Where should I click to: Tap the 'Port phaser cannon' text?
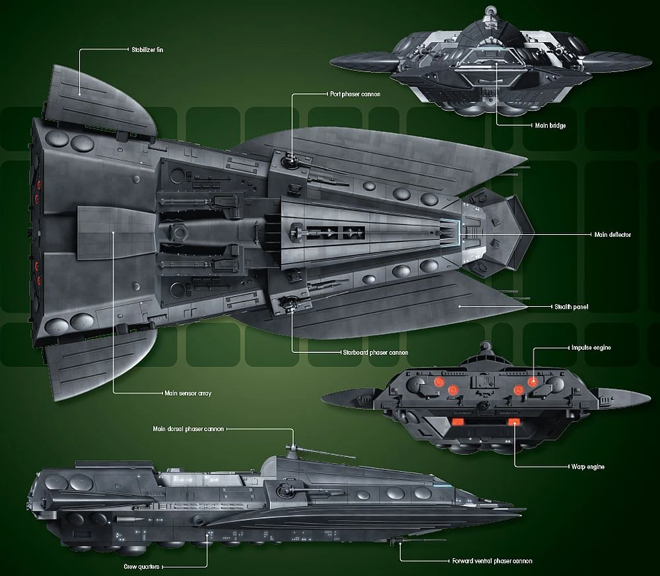click(x=355, y=94)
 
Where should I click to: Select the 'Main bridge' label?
click(x=549, y=125)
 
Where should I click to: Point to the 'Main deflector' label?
click(x=612, y=234)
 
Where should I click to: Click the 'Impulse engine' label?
click(x=581, y=347)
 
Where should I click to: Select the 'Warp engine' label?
click(x=585, y=466)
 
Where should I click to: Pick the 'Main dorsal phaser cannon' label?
click(x=189, y=428)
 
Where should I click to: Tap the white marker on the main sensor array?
click(x=114, y=232)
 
